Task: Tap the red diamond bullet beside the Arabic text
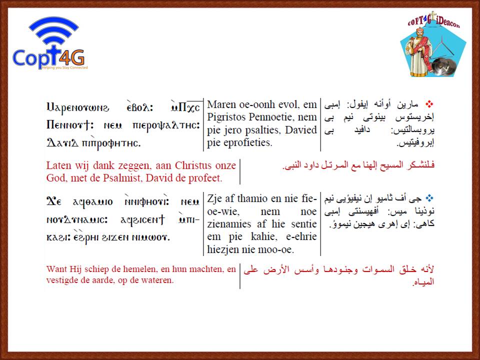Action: (x=429, y=104)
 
